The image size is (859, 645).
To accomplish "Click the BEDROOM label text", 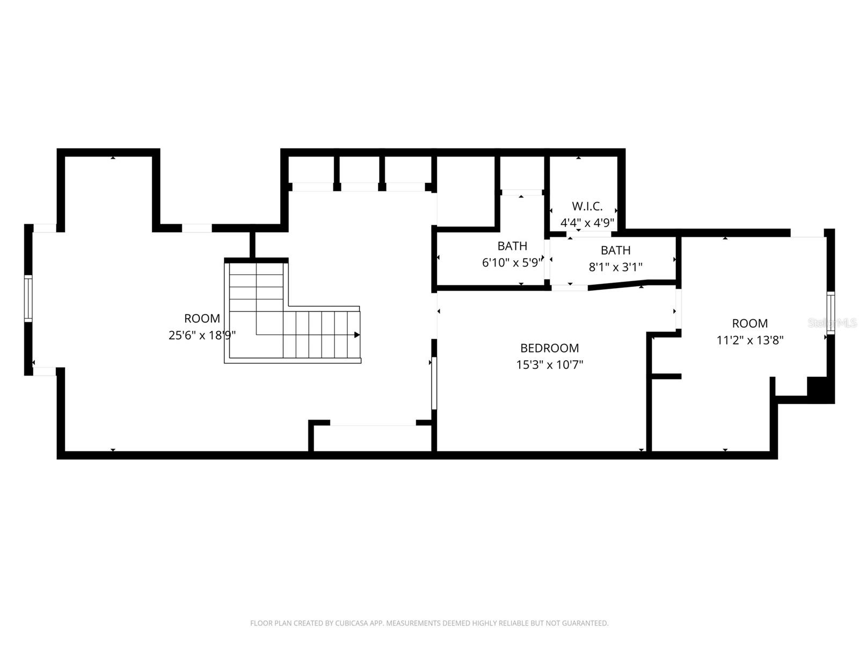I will [x=549, y=348].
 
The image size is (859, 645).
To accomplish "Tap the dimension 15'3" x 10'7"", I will [x=549, y=365].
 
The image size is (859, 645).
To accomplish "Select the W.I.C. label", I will [x=587, y=206].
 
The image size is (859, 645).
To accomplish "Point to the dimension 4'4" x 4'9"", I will [x=587, y=223].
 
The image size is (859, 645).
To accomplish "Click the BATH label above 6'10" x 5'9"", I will [x=512, y=246].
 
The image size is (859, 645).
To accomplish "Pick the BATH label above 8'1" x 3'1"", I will [x=615, y=250].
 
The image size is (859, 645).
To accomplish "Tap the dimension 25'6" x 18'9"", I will [x=202, y=335].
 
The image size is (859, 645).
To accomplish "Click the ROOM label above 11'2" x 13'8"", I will [x=749, y=324].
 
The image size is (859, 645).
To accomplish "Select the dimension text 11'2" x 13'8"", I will [x=749, y=340].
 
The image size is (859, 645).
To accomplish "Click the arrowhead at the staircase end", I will [x=357, y=335].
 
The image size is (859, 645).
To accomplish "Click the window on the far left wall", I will [x=28, y=298].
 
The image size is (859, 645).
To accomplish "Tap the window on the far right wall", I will [x=831, y=313].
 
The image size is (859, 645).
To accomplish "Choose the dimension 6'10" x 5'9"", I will [x=512, y=263].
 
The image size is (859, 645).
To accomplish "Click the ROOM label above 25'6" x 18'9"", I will [x=202, y=319].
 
